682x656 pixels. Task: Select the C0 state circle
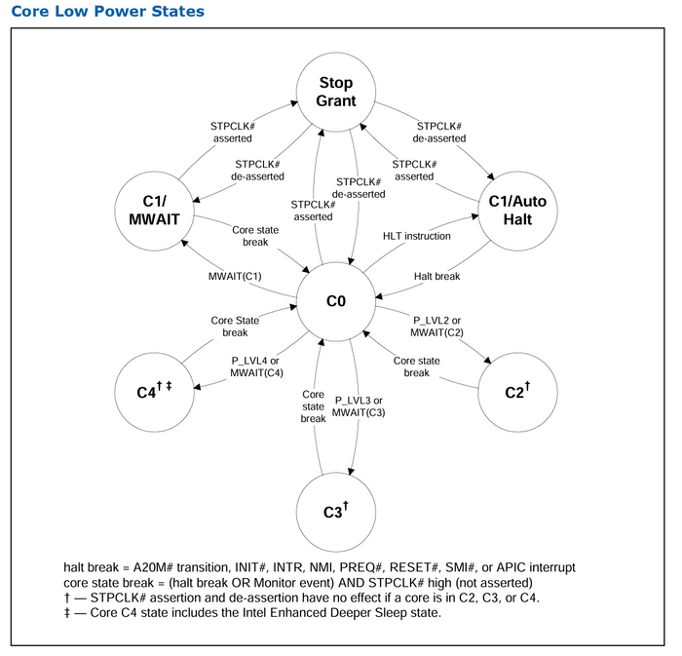(x=336, y=302)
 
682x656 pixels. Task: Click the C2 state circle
(x=515, y=392)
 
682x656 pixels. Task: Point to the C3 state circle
(x=336, y=510)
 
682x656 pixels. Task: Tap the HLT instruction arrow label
(x=416, y=236)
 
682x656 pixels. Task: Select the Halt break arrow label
(x=436, y=276)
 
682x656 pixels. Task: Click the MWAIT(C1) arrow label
(x=235, y=276)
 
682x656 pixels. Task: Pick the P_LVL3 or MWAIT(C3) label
(x=359, y=407)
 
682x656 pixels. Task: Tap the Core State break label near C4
(x=236, y=326)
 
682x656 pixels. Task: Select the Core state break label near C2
(x=417, y=367)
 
